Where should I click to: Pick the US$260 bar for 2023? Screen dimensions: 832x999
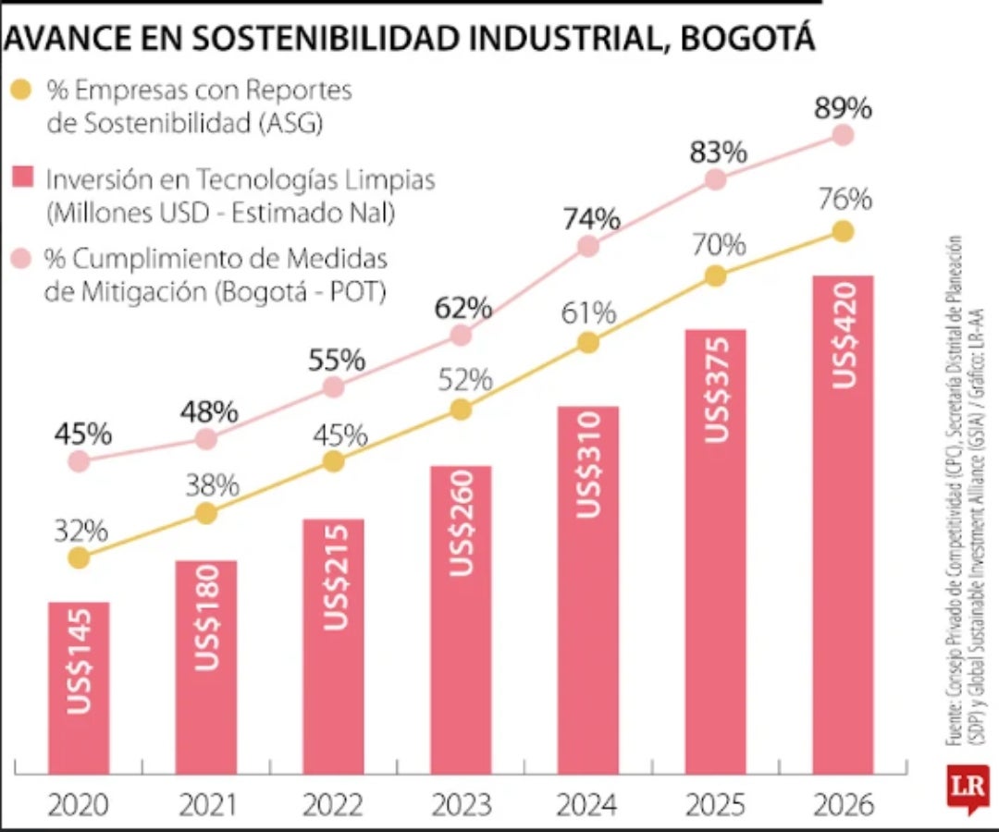coord(461,619)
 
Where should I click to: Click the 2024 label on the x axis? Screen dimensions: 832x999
coord(587,805)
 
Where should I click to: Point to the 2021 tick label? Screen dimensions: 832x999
coord(206,805)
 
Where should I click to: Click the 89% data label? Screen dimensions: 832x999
coord(843,108)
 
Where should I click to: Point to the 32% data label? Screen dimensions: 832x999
coord(80,532)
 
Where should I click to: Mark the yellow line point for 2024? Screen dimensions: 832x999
coord(587,343)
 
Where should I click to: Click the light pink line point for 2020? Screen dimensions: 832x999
coord(80,460)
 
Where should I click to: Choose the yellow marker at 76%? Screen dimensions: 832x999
coord(843,231)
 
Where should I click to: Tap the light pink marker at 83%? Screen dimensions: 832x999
coord(715,179)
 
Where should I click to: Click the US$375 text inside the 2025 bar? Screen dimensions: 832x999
coord(716,389)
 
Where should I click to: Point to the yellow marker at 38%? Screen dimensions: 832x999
coord(206,513)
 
